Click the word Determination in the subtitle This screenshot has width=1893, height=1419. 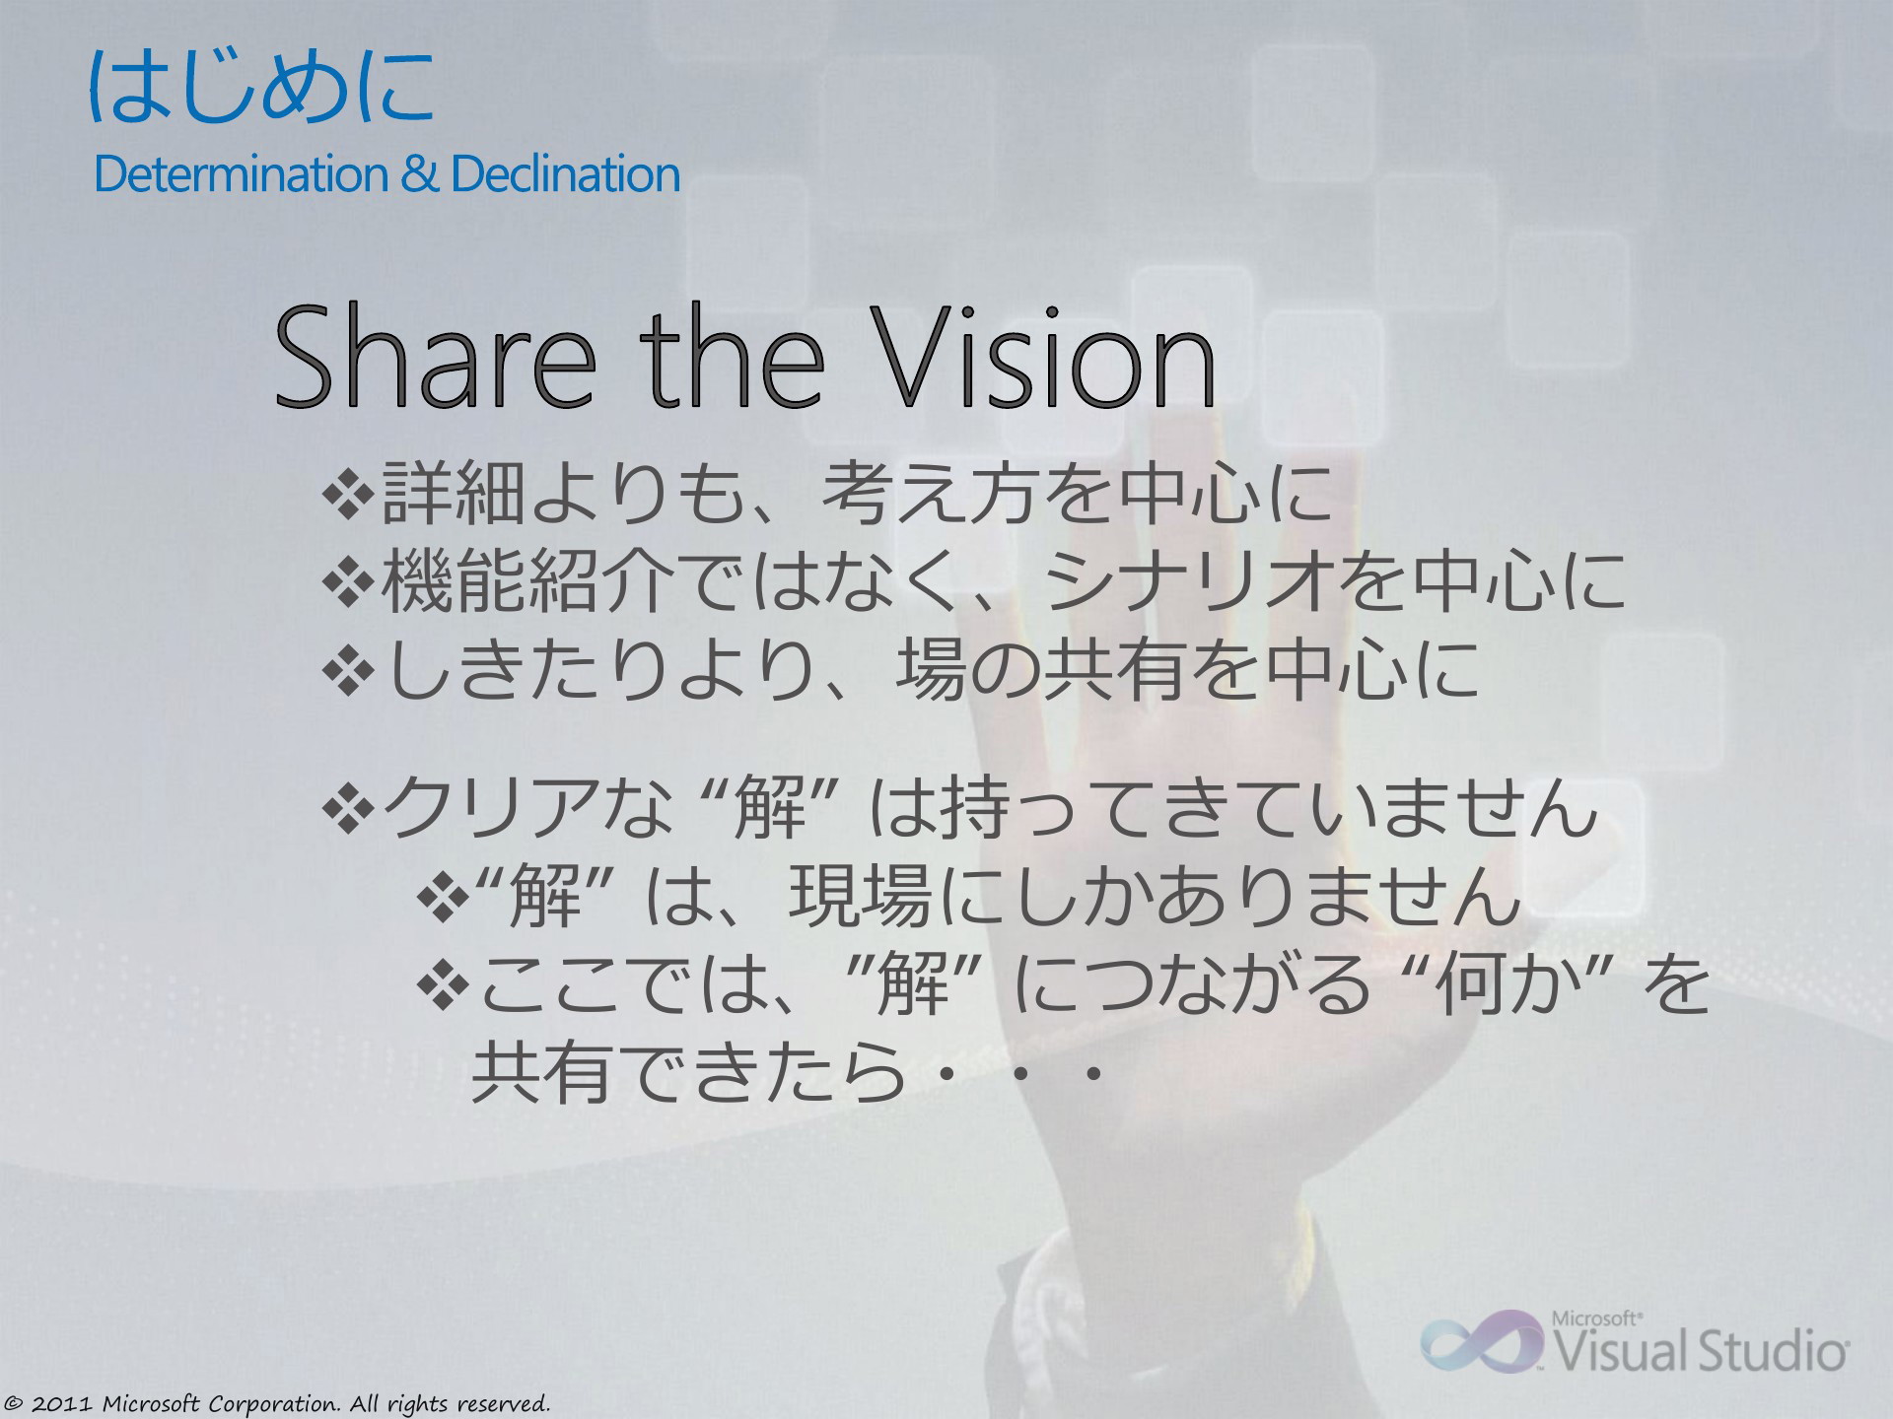coord(241,174)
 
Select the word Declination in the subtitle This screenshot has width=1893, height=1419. coord(565,174)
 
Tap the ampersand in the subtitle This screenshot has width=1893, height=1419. coord(419,174)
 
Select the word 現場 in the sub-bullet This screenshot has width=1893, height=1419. coord(857,897)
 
